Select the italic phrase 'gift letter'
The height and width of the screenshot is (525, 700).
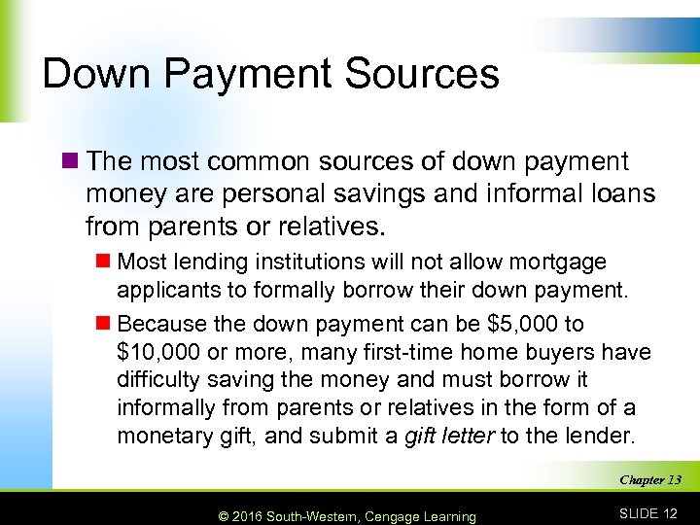447,437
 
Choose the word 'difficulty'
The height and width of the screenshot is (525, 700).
158,379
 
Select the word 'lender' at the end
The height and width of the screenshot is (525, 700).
606,437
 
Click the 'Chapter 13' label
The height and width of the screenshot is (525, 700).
649,480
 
